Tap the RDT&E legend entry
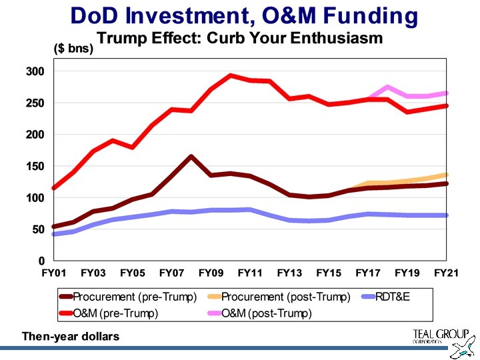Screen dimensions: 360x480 pos(394,297)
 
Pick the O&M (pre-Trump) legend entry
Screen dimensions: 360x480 pos(115,313)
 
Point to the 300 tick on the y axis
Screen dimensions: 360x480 pos(35,71)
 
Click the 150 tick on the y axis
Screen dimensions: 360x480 pos(35,166)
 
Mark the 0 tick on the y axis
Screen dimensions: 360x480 pos(41,261)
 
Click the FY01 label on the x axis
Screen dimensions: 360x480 pos(54,273)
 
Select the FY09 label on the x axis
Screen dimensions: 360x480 pos(211,273)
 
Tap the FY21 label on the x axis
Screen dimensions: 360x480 pos(446,273)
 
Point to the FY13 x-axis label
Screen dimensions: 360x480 pos(289,273)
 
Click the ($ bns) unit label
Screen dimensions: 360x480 pos(73,49)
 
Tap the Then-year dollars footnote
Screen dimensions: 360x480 pos(71,336)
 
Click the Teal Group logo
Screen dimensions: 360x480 pos(441,340)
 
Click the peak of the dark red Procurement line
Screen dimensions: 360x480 pos(191,157)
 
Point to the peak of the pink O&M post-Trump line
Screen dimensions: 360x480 pos(387,87)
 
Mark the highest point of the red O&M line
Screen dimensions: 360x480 pos(230,75)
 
